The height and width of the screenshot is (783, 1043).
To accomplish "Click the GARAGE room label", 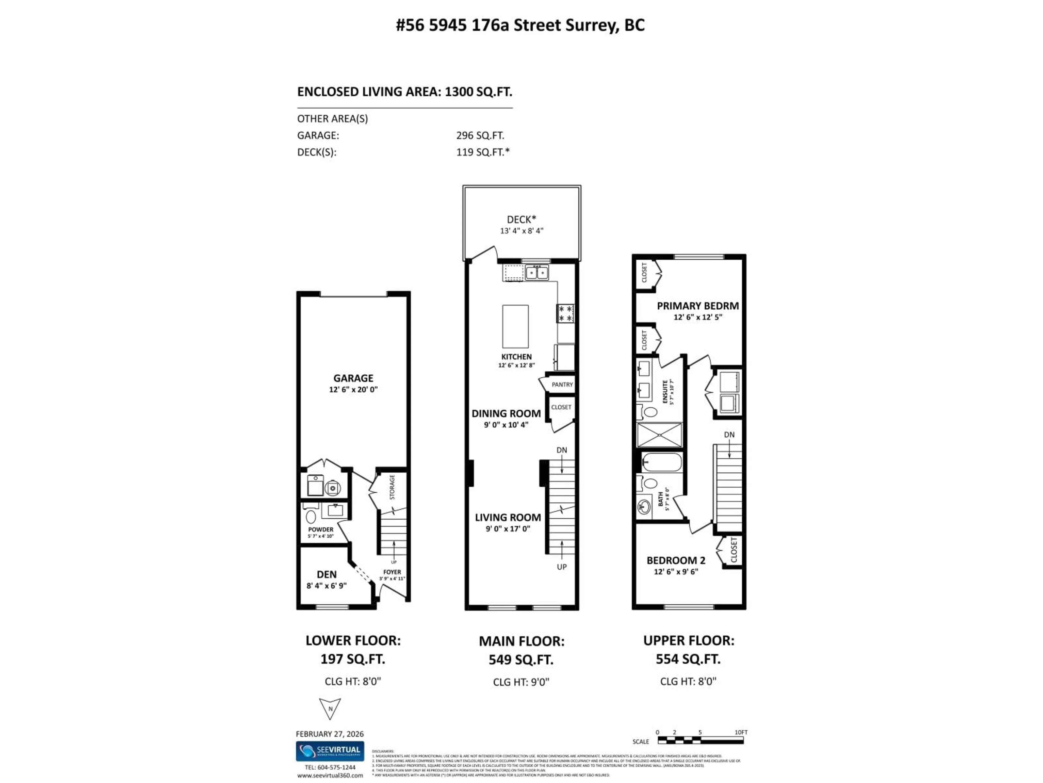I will (x=353, y=378).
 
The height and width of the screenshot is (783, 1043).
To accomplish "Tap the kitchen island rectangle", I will (x=515, y=326).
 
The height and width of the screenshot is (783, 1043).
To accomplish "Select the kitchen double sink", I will (x=537, y=272).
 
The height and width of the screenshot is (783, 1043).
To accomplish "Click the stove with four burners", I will (x=565, y=313).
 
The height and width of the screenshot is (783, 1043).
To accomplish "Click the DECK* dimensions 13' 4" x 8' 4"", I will (x=521, y=231).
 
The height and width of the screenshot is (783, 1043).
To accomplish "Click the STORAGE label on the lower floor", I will (x=392, y=487).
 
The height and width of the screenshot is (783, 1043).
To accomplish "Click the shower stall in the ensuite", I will (x=659, y=435).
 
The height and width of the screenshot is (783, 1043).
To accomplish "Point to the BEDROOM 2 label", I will (x=676, y=560).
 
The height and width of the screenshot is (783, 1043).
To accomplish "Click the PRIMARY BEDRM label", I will (x=698, y=306).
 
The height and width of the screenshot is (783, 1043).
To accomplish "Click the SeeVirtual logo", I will (x=329, y=751).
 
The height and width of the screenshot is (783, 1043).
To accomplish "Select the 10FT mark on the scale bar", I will (x=741, y=732).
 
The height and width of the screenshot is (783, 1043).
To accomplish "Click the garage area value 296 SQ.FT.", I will (x=480, y=135).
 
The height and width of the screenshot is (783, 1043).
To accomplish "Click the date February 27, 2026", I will (x=329, y=734).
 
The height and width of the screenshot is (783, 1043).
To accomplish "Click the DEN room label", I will (x=326, y=574).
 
